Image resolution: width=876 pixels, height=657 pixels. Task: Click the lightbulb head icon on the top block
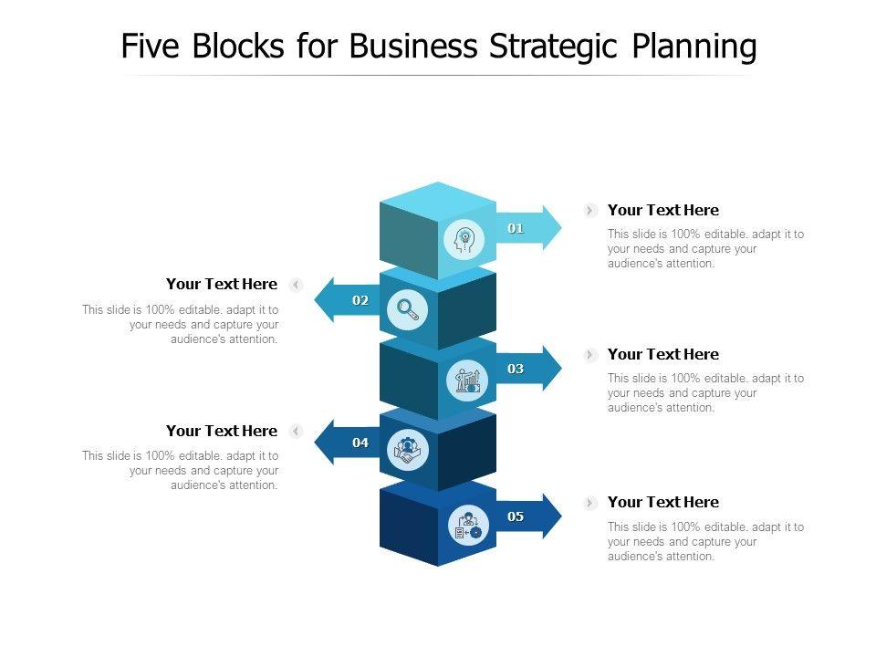coord(464,241)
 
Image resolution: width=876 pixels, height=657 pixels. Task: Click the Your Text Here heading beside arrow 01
coord(663,210)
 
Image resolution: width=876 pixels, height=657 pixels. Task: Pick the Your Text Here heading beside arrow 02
coord(222,284)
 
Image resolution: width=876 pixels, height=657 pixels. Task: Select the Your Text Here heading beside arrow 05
coord(663,502)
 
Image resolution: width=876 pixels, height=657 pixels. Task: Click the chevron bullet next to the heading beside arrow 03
coord(591,355)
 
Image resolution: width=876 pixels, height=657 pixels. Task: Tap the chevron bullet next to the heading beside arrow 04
coord(296,431)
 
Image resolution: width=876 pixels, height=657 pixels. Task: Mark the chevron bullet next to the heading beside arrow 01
coord(591,211)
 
